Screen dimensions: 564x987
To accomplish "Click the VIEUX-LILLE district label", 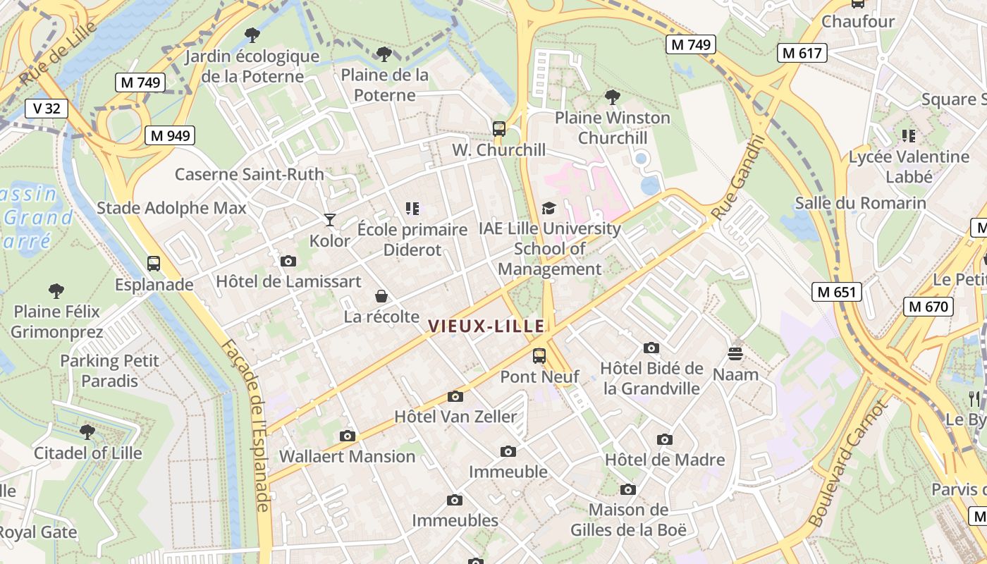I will pyautogui.click(x=486, y=326).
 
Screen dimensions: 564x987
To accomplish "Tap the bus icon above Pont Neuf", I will pyautogui.click(x=539, y=356).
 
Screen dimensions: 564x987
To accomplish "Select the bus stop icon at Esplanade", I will pyautogui.click(x=154, y=264).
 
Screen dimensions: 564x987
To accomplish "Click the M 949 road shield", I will pyautogui.click(x=170, y=135).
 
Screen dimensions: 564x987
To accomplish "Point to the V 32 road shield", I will pyautogui.click(x=47, y=108).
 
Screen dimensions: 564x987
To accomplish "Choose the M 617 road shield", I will pyautogui.click(x=802, y=52).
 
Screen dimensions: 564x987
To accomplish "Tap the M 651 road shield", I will pyautogui.click(x=837, y=292).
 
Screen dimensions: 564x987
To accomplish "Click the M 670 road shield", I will pyautogui.click(x=929, y=307).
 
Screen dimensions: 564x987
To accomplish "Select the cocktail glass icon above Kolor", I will pyautogui.click(x=329, y=220).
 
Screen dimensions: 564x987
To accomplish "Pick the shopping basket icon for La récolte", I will pyautogui.click(x=381, y=296).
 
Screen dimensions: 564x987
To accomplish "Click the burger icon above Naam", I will pyautogui.click(x=735, y=353).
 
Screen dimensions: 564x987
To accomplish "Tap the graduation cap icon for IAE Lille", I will pyautogui.click(x=549, y=208).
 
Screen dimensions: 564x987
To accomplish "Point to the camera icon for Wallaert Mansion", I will pyautogui.click(x=347, y=436).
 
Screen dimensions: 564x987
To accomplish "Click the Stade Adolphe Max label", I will pyautogui.click(x=172, y=208).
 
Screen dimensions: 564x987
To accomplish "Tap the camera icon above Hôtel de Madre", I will pyautogui.click(x=665, y=440).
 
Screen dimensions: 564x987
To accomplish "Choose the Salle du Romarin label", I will pyautogui.click(x=861, y=203).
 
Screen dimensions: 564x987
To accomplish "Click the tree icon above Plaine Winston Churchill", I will pyautogui.click(x=613, y=97).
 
